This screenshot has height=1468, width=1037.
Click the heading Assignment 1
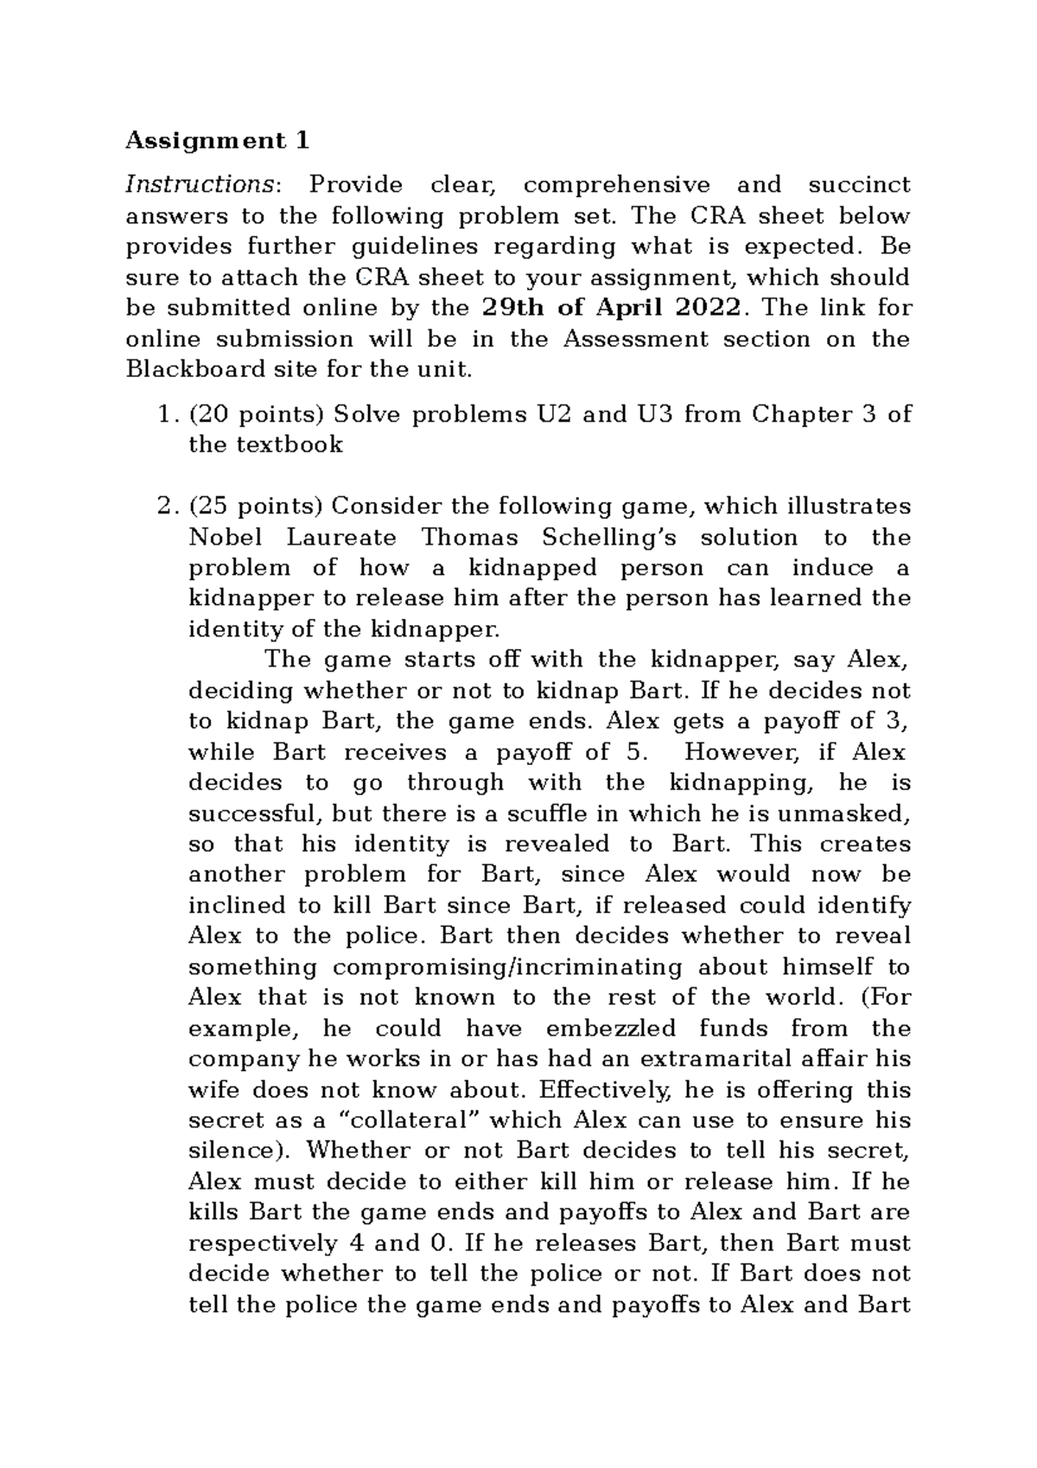tap(217, 140)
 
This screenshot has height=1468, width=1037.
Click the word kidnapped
tap(532, 568)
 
